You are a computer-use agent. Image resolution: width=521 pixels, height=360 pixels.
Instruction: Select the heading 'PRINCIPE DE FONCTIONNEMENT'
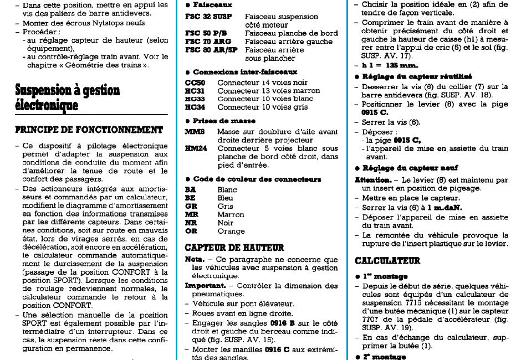pos(89,130)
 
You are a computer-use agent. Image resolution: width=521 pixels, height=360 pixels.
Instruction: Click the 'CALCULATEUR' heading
pos(387,260)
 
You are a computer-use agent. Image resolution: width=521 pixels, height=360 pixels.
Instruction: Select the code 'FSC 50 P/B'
pos(207,33)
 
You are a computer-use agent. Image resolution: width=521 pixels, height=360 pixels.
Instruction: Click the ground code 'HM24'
pos(197,148)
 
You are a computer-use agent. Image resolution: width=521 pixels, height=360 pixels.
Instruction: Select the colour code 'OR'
pos(191,232)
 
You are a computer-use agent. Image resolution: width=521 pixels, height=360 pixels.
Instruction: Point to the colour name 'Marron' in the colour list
pos(231,214)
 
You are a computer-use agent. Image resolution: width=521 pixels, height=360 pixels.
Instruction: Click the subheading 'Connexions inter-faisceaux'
pos(245,72)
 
